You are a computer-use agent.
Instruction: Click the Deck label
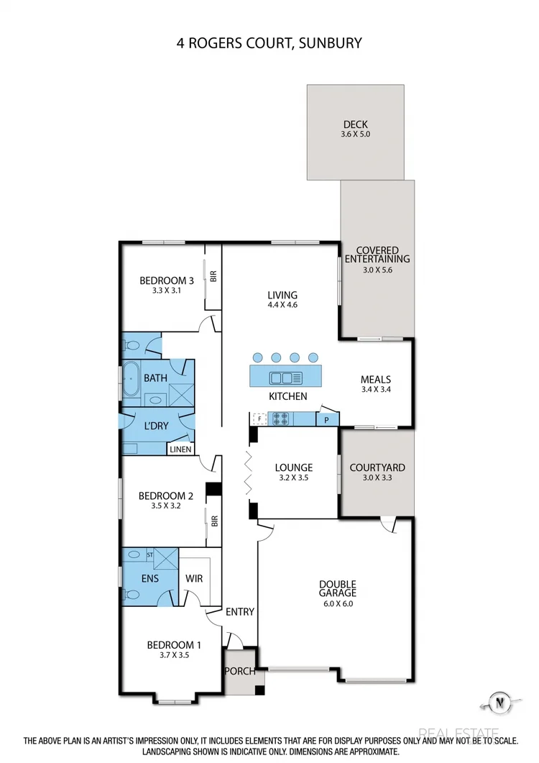[355, 124]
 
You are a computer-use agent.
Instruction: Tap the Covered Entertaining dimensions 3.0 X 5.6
[377, 270]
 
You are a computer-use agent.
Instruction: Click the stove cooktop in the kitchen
[278, 417]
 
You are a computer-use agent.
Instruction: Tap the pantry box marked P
[327, 419]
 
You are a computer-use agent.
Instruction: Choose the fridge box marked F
[257, 418]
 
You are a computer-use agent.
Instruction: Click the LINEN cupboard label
[181, 450]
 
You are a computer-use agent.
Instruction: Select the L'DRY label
[156, 426]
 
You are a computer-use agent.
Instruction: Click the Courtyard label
[377, 467]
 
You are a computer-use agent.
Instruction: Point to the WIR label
[194, 577]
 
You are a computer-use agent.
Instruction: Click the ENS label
[149, 577]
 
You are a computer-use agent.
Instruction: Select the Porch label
[239, 672]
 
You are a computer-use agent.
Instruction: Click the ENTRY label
[240, 612]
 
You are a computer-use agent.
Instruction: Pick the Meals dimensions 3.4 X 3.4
[377, 390]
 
